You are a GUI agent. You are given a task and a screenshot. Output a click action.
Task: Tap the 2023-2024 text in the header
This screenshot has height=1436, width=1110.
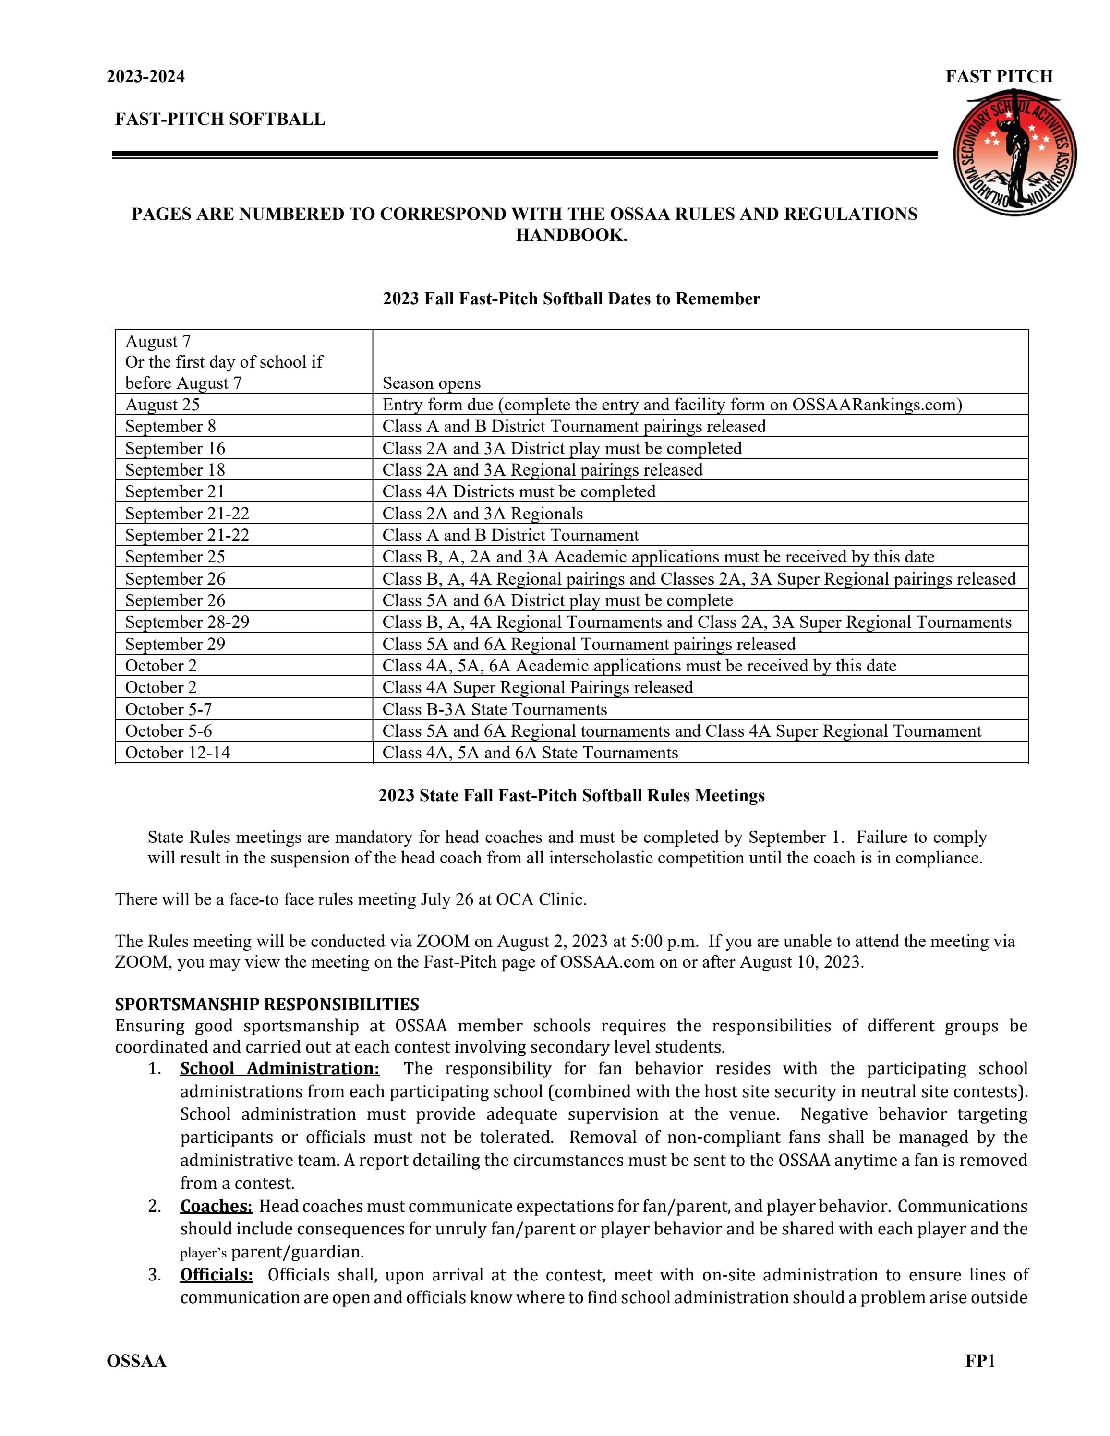[x=146, y=77]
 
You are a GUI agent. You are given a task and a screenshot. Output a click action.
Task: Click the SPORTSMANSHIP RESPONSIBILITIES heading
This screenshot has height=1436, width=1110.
[x=267, y=1004]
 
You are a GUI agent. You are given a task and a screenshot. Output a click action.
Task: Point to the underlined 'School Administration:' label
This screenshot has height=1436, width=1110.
[x=279, y=1068]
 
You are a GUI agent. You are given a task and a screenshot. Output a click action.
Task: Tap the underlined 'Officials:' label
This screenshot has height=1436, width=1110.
[x=217, y=1275]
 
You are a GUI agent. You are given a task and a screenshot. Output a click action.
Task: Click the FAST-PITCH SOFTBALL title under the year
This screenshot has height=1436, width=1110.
[x=220, y=119]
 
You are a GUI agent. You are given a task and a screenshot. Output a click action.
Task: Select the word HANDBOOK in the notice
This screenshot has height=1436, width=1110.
[x=571, y=235]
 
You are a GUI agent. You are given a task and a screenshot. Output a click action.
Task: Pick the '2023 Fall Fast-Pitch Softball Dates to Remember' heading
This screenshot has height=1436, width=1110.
[x=571, y=299]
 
